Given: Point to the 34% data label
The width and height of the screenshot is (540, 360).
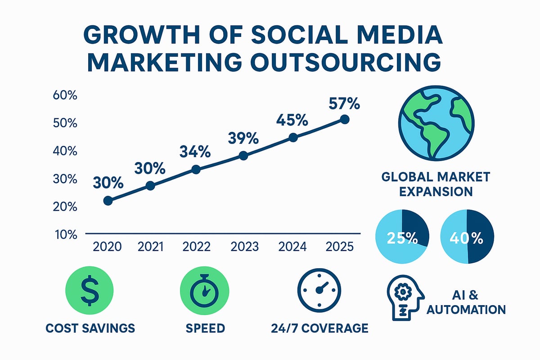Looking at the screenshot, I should coord(195,152).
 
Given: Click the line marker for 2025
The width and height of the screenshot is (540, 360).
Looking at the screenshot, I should coord(345,119).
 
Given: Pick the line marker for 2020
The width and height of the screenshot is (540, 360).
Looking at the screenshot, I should coord(108,201).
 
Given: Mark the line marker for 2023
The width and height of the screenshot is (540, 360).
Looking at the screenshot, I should coord(243,156).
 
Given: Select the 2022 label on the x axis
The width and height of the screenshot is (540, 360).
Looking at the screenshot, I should coord(196,247).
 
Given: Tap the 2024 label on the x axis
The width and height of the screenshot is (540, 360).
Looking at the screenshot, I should coord(292,247).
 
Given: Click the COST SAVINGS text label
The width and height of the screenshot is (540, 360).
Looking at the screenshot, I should coord(90,328).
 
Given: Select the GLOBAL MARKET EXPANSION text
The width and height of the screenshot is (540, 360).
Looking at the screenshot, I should coord(435,184).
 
